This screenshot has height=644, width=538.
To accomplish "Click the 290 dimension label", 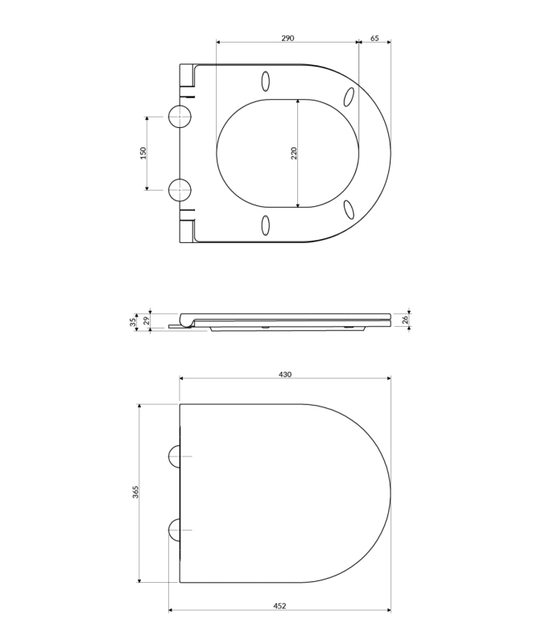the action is tap(288, 38).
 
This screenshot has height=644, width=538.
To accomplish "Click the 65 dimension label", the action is tap(375, 38).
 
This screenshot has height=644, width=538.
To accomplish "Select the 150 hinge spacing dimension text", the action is tap(143, 153).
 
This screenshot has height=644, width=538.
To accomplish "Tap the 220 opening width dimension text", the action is tap(293, 153).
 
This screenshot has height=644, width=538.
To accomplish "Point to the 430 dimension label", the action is tap(285, 374).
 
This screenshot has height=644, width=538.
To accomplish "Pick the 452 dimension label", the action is tap(279, 605).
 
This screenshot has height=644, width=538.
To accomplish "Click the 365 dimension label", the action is tap(135, 492).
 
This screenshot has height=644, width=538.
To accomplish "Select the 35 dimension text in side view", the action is tap(133, 322).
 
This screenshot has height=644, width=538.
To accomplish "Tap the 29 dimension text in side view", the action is tap(146, 320).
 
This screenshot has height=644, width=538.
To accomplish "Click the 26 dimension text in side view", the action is tap(405, 320).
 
